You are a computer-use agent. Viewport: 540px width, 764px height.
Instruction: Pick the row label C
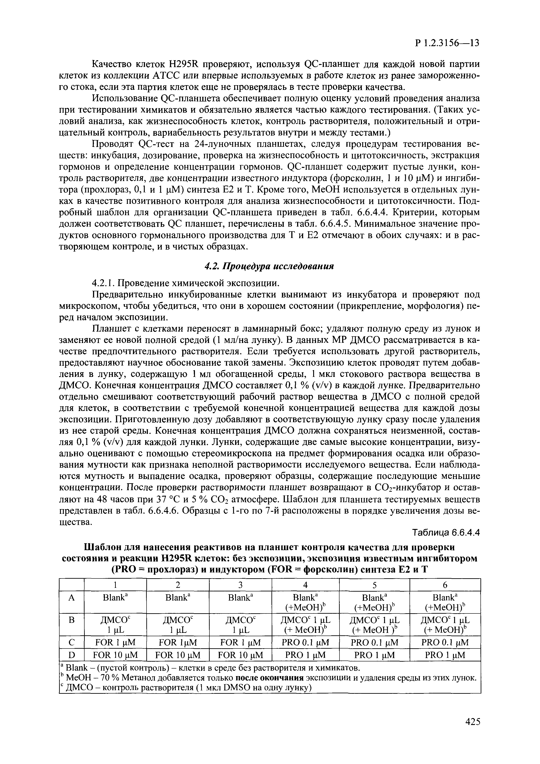[x=71, y=642]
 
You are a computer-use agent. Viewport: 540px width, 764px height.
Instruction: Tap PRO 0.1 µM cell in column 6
[x=445, y=642]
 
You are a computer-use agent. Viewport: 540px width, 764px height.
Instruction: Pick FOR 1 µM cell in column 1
[x=115, y=642]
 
